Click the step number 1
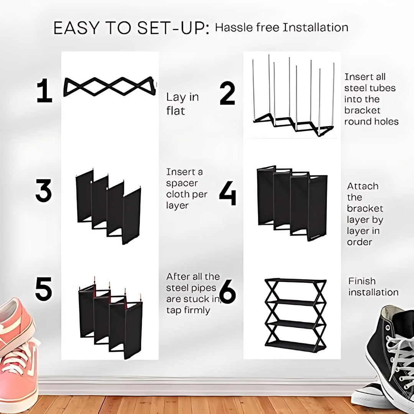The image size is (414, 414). tap(44, 92)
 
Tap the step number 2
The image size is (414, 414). tap(227, 94)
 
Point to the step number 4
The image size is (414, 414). tap(227, 194)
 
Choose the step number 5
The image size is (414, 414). tap(44, 290)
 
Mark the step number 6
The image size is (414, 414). tap(228, 293)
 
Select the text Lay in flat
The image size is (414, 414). tap(182, 104)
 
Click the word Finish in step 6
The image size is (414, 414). tap(362, 281)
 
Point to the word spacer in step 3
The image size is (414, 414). tap(181, 183)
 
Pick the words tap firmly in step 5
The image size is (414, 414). tap(188, 310)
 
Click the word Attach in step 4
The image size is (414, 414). tap(363, 186)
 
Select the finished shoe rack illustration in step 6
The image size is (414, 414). tap(296, 315)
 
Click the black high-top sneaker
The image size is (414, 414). tap(391, 353)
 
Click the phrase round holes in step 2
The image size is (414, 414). tap(371, 122)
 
